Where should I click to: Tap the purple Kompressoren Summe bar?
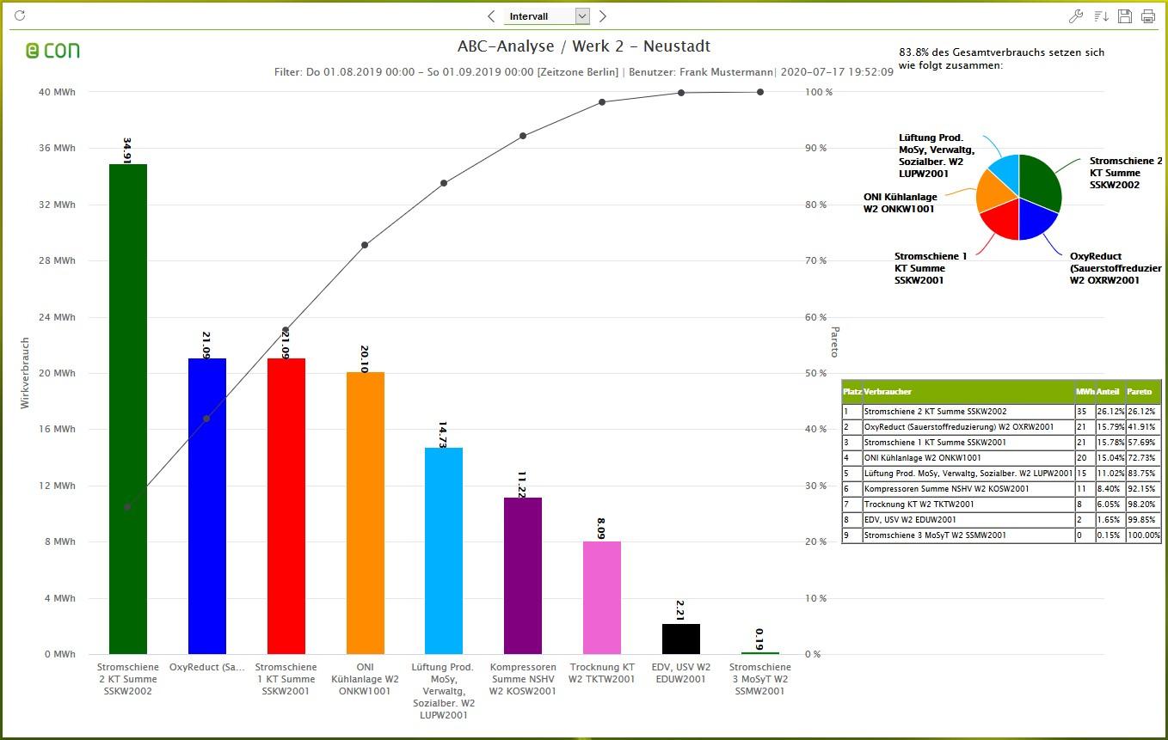[x=523, y=575]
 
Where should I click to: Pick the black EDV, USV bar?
[x=681, y=639]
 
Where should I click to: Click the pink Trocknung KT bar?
[x=602, y=597]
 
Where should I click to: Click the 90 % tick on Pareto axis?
[x=814, y=149]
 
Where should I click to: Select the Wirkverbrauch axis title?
[x=25, y=372]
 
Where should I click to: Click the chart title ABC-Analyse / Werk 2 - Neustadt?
[x=584, y=46]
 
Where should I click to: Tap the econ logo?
[x=52, y=51]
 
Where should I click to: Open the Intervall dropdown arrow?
[x=582, y=16]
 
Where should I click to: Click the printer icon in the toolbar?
[x=1147, y=16]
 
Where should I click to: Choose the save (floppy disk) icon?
[x=1124, y=16]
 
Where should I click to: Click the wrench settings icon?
[x=1075, y=16]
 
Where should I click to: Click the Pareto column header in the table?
[x=1142, y=391]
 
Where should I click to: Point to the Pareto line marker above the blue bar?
[x=206, y=419]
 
